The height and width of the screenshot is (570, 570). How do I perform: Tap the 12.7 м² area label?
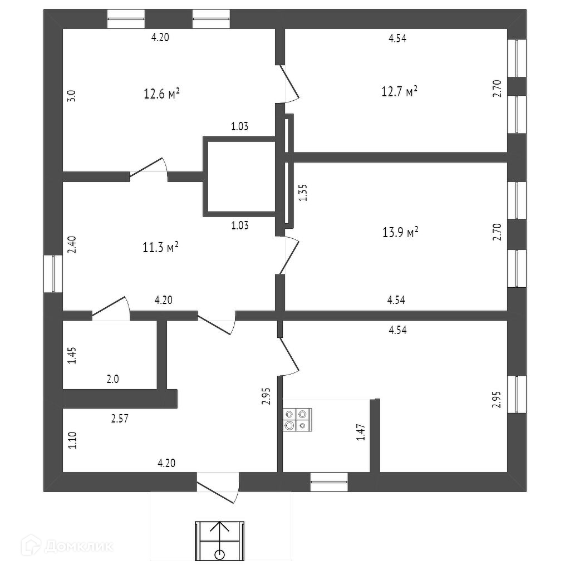coord(399,92)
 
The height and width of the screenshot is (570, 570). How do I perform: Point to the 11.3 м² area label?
coord(160,247)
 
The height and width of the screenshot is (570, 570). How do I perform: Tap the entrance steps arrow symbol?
coord(220,540)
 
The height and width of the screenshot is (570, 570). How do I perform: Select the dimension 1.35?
coord(303,193)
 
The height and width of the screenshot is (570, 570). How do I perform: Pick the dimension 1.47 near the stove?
coord(361,433)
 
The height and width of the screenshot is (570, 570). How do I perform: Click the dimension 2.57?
coord(120,419)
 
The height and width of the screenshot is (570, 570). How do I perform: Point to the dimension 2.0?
coord(112,380)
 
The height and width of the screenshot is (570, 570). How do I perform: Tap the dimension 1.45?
coord(72,356)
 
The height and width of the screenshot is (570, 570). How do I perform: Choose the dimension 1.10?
coord(72,441)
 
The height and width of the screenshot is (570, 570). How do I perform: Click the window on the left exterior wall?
coord(53,273)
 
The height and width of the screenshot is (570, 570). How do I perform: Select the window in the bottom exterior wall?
coord(329,482)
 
